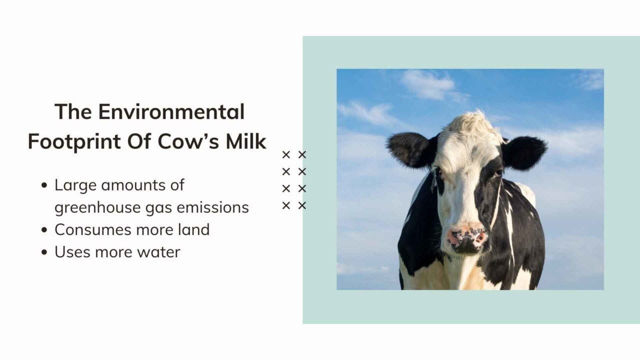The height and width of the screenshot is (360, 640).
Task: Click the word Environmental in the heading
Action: (171, 111)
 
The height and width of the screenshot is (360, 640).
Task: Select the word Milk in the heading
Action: (246, 141)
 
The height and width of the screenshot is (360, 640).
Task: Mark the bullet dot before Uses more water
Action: (44, 252)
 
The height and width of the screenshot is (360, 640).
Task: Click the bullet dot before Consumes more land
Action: (44, 230)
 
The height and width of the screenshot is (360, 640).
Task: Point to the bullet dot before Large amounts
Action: (44, 185)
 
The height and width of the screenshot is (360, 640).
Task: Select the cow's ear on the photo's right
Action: (525, 152)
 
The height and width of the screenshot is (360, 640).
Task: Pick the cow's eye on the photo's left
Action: (438, 171)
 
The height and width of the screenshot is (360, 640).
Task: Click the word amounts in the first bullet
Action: (125, 185)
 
